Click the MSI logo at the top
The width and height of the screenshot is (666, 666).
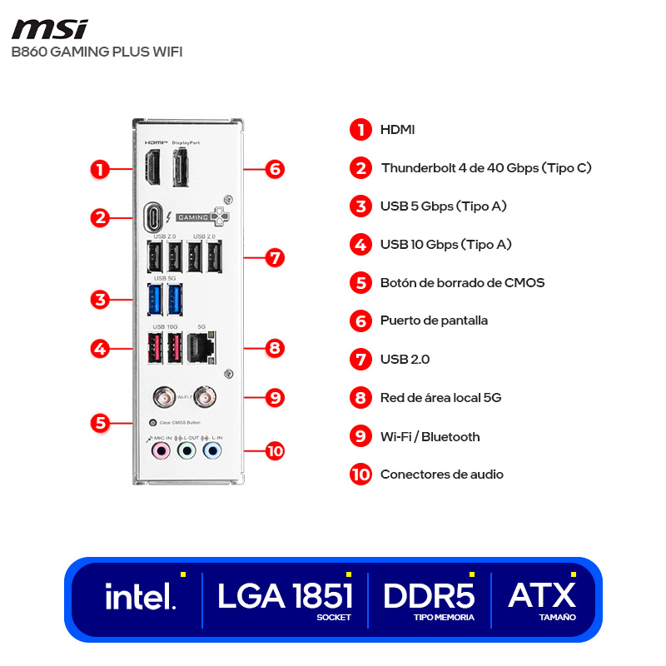point(49,29)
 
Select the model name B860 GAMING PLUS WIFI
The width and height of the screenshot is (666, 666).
point(97,52)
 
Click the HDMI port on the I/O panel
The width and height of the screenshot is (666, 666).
point(155,165)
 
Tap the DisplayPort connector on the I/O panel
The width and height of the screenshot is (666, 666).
point(181,165)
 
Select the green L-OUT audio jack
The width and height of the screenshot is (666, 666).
point(187,451)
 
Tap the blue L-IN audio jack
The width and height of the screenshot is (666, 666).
point(213,451)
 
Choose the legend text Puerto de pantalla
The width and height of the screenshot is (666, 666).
point(434,321)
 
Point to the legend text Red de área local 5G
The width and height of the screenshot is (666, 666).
point(440,398)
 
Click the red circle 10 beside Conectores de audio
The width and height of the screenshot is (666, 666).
point(360,475)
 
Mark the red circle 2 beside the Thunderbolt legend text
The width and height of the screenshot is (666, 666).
point(360,167)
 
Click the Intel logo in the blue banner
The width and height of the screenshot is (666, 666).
point(140,597)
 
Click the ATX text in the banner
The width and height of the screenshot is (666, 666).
point(542,595)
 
